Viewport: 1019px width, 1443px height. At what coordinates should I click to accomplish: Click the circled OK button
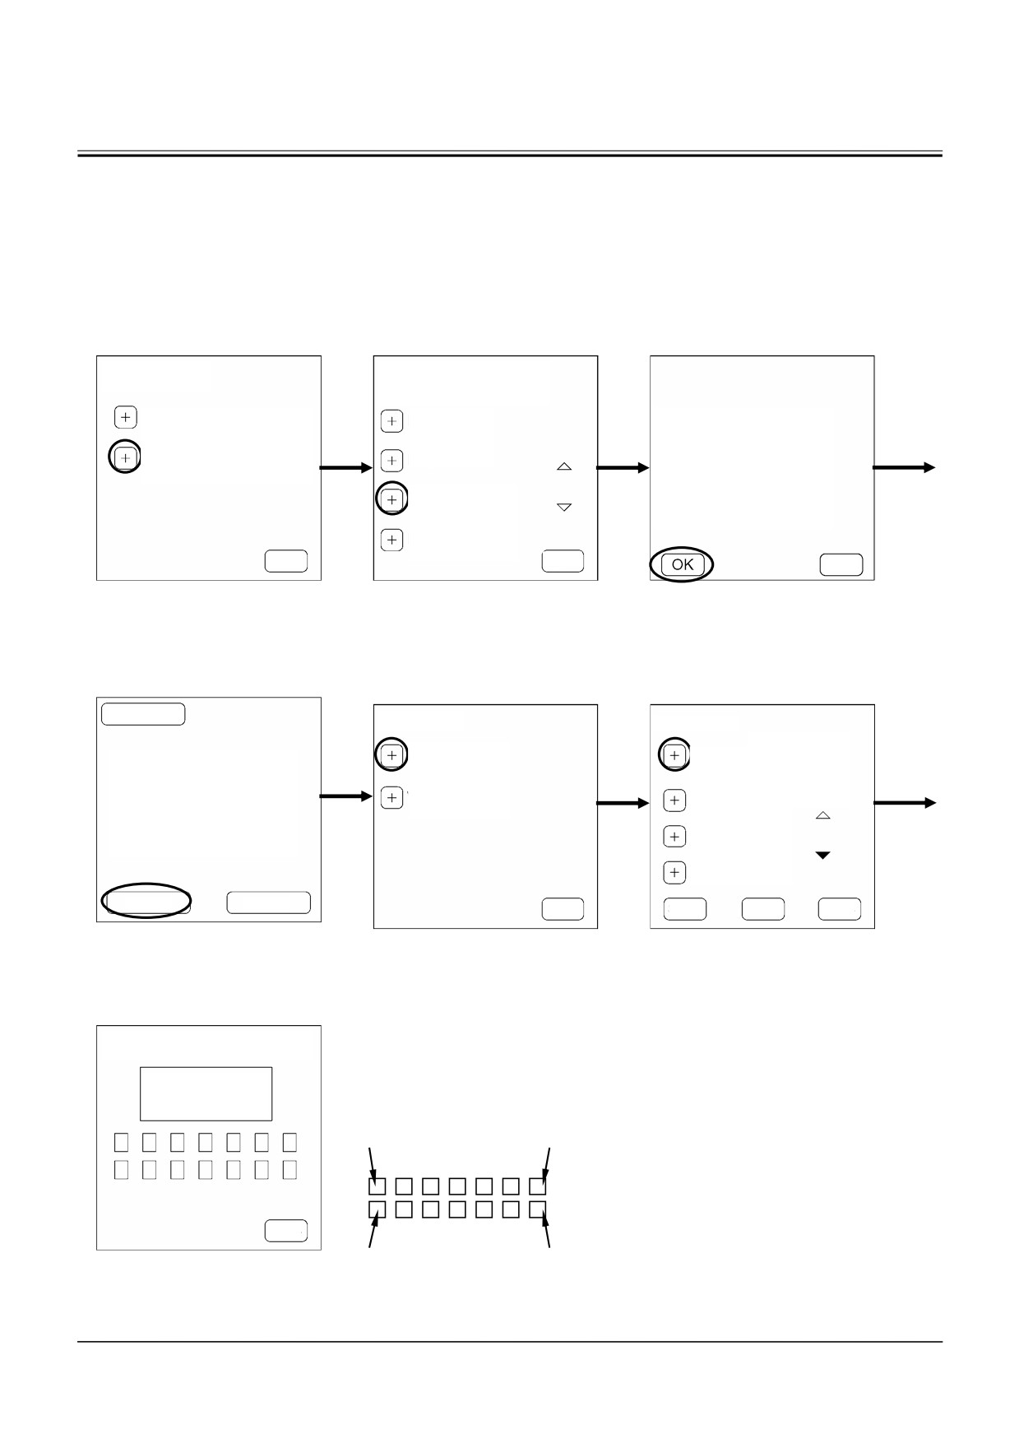coord(683,564)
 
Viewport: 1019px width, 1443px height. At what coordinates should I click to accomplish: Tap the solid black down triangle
coord(822,856)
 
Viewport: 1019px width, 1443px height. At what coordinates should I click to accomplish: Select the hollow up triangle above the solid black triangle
coord(822,815)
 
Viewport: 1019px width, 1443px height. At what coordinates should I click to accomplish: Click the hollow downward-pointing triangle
coord(564,508)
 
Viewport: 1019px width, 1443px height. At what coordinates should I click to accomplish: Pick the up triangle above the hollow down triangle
coord(564,466)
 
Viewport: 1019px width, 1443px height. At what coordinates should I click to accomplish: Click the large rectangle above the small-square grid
coord(206,1093)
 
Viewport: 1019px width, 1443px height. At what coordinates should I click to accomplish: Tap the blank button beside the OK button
coord(841,564)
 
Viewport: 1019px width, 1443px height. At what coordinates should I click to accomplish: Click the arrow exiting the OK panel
coord(904,467)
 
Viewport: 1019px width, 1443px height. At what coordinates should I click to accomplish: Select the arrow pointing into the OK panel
coord(623,468)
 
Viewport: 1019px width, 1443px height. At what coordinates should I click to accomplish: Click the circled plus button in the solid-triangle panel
coord(674,755)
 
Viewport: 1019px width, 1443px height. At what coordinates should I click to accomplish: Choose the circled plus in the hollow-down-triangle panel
coord(391,499)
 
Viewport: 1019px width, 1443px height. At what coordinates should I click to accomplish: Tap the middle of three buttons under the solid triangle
coord(762,909)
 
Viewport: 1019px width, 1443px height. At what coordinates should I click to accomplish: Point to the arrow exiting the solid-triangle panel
coord(905,803)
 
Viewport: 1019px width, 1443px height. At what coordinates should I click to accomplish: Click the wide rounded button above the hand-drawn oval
coord(143,713)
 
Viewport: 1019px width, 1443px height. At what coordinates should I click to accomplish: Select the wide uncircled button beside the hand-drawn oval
coord(268,902)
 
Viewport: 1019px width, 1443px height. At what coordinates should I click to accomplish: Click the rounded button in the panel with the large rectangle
coord(286,1231)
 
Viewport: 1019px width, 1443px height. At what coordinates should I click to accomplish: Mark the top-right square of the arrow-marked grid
coord(537,1186)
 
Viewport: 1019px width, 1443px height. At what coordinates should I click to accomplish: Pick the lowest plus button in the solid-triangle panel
coord(674,872)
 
